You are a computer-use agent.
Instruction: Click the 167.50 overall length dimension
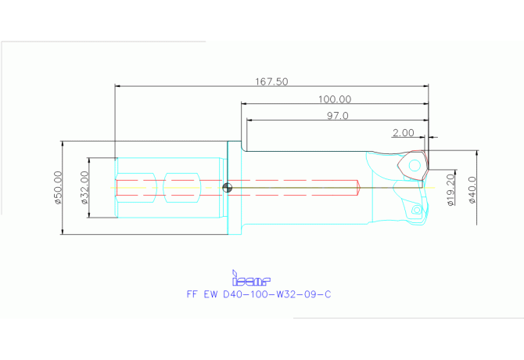pyautogui.click(x=271, y=81)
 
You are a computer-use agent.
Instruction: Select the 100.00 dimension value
pyautogui.click(x=335, y=99)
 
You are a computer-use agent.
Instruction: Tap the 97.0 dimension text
pyautogui.click(x=338, y=116)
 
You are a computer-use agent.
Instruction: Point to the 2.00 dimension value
pyautogui.click(x=404, y=133)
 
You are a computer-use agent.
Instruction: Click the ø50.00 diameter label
pyautogui.click(x=58, y=188)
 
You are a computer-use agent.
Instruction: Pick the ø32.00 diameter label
pyautogui.click(x=84, y=188)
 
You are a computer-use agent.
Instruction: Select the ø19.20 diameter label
pyautogui.click(x=450, y=189)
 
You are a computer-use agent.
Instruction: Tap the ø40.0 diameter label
pyautogui.click(x=472, y=190)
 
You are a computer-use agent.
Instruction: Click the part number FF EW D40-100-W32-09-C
pyautogui.click(x=259, y=294)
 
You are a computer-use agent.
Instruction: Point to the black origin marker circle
pyautogui.click(x=228, y=188)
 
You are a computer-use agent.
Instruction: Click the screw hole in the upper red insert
pyautogui.click(x=415, y=165)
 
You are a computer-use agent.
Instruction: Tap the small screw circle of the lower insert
pyautogui.click(x=417, y=210)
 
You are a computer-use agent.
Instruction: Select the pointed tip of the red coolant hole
pyautogui.click(x=359, y=188)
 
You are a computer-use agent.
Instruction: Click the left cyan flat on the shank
pyautogui.click(x=136, y=188)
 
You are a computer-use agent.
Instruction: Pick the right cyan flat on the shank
pyautogui.click(x=182, y=188)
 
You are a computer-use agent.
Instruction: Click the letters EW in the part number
pyautogui.click(x=210, y=294)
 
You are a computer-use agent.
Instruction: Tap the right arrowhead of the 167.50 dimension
pyautogui.click(x=425, y=86)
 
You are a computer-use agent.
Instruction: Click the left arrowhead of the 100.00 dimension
pyautogui.click(x=244, y=103)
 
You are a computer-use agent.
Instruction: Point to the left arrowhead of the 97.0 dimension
pyautogui.click(x=249, y=120)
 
